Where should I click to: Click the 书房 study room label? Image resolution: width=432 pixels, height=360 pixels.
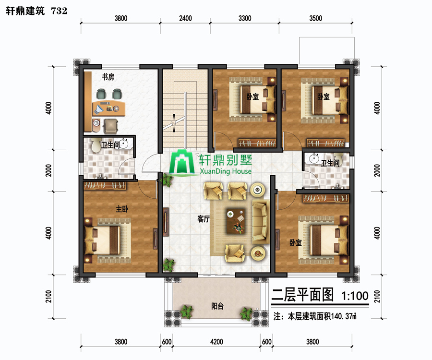coord(108,77)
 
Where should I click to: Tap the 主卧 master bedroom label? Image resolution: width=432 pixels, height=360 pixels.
coord(122,209)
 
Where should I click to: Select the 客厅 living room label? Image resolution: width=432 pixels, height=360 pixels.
coord(204,219)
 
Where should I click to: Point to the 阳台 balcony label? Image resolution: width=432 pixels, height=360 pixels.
coord(217,306)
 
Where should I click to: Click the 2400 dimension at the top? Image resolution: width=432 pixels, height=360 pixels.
coord(185,18)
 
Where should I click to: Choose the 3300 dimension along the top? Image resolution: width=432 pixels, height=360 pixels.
coord(245,18)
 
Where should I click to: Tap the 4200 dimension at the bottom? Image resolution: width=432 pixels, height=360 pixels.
coord(216,342)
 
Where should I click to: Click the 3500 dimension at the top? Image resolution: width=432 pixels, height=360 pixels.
coord(315,18)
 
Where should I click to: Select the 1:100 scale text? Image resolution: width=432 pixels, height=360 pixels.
coord(355,296)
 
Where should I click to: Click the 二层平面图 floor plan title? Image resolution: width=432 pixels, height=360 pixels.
coord(302,295)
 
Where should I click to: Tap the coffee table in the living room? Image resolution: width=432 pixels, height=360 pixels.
coord(236,221)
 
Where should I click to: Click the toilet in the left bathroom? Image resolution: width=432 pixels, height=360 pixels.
coord(96,145)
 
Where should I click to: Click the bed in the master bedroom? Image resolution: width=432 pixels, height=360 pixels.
coord(107,240)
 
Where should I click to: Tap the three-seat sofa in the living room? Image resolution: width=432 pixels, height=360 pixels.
coord(261,222)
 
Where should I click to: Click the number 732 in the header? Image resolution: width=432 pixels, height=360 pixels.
coord(59,11)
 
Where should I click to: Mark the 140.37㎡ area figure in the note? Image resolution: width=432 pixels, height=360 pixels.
coord(344,316)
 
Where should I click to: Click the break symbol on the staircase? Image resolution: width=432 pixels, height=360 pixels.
coord(174,123)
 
